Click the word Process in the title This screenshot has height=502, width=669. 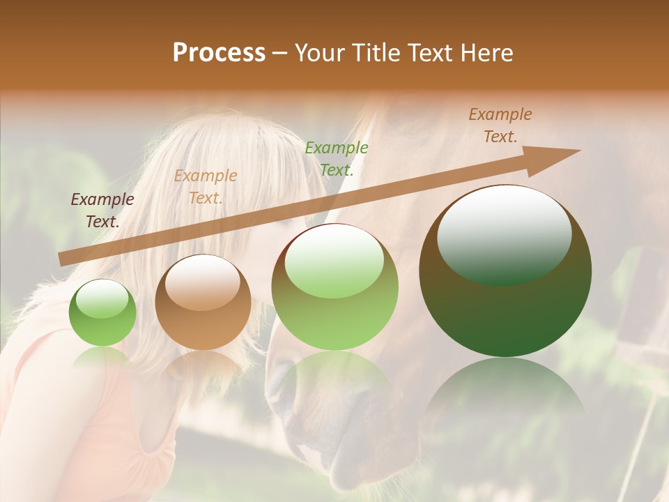pyautogui.click(x=219, y=53)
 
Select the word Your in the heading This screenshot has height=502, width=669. pyautogui.click(x=318, y=53)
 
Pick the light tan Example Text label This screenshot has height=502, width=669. pyautogui.click(x=206, y=187)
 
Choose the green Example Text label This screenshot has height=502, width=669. pyautogui.click(x=337, y=158)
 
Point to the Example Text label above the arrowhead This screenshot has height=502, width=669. pyautogui.click(x=500, y=125)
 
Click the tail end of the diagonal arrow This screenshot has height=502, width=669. pyautogui.click(x=61, y=259)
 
